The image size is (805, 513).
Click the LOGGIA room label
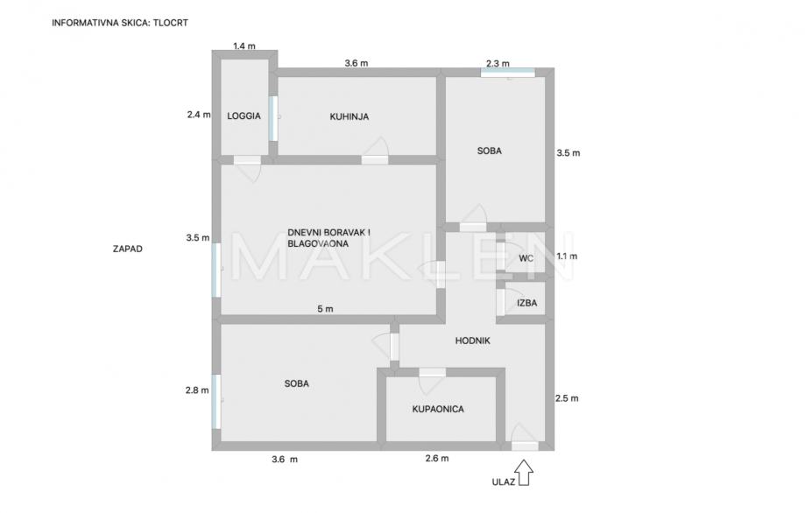[x=244, y=116]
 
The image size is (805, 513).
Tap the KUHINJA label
[x=349, y=116]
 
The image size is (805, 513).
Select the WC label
[x=526, y=258]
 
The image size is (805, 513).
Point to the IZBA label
[x=526, y=304]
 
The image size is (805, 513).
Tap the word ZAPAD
[x=127, y=249]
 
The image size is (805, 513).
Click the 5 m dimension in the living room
[x=325, y=308]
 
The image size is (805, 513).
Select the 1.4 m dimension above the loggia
[x=244, y=46]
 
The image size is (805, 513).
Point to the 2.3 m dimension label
[x=498, y=62]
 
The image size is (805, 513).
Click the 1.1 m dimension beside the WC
[x=568, y=256]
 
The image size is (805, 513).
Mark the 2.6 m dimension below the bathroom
[x=436, y=459]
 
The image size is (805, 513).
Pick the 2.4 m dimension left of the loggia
[x=198, y=114]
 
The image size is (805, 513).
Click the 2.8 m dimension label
[x=198, y=390]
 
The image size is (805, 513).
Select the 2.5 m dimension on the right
[x=568, y=398]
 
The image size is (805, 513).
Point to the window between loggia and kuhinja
[x=273, y=117]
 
